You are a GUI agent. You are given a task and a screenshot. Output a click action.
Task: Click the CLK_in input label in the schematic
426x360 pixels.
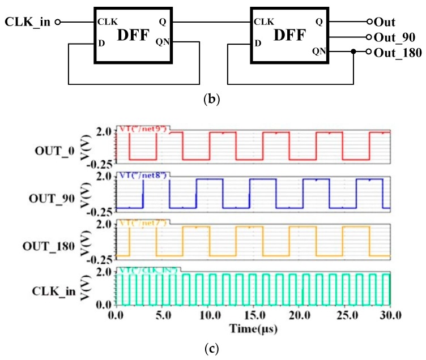[x=28, y=22]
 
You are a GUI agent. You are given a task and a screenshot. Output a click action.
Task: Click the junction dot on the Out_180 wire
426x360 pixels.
[x=353, y=52]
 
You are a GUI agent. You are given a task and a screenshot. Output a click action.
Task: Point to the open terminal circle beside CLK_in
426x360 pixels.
[x=57, y=22]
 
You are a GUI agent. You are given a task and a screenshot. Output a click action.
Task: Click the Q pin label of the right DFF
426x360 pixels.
[x=318, y=22]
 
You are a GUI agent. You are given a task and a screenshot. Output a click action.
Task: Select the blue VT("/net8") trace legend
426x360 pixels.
[x=143, y=175]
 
